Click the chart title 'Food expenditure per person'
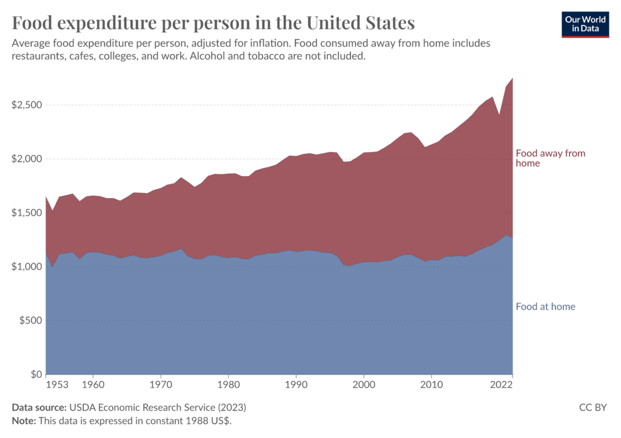(213, 23)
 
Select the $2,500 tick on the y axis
(27, 105)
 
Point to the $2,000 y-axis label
(27, 159)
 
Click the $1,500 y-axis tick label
(27, 213)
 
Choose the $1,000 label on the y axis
(27, 267)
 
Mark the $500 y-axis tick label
(30, 320)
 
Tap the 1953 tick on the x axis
(56, 384)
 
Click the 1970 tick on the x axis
(160, 384)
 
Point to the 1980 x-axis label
(228, 384)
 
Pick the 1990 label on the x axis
(296, 384)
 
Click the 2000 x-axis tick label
(363, 384)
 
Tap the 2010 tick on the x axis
(431, 384)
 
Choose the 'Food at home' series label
(545, 307)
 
